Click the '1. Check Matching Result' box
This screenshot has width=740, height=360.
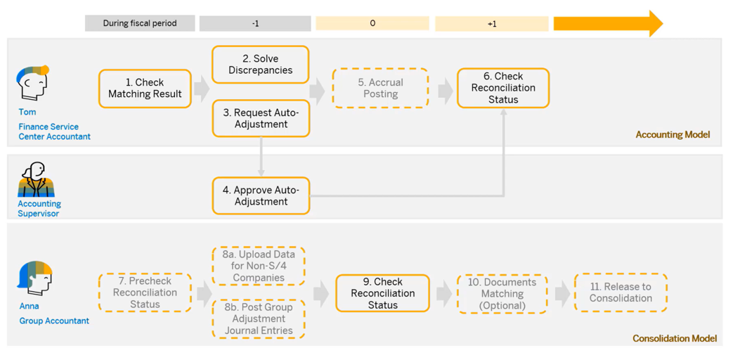(x=145, y=89)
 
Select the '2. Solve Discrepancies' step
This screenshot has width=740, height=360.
(x=261, y=65)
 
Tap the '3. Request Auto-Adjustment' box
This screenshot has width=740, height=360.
(x=261, y=118)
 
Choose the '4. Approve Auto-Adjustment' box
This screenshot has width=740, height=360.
(x=261, y=195)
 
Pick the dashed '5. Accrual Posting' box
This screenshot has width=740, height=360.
(x=380, y=88)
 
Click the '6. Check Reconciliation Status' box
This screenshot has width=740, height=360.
(x=503, y=88)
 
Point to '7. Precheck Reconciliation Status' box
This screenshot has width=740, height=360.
(x=145, y=292)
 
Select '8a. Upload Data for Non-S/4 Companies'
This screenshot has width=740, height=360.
(x=259, y=266)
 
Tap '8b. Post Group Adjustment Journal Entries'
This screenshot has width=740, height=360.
(x=259, y=319)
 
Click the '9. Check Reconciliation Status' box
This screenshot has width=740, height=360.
(x=382, y=292)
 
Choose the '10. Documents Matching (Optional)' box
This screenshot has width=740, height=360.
(x=502, y=293)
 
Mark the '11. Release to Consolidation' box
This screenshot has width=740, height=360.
(x=621, y=292)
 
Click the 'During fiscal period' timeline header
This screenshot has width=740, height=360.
(x=140, y=23)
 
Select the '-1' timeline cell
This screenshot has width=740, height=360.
(x=255, y=24)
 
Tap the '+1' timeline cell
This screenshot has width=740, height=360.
(x=492, y=24)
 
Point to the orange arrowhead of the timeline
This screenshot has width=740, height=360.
(x=654, y=23)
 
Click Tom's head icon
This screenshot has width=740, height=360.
(x=32, y=83)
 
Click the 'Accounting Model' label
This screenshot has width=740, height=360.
(x=673, y=134)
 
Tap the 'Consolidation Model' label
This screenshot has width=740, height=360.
(x=674, y=338)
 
